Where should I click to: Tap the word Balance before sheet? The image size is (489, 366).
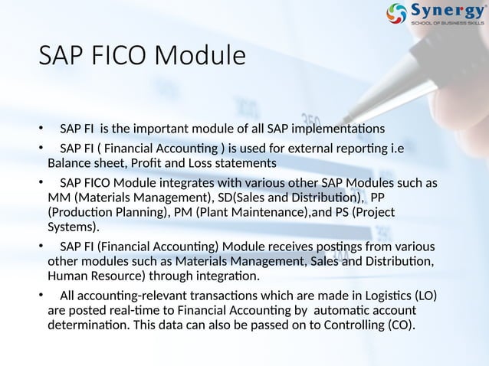[69, 163]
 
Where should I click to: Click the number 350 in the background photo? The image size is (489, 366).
[312, 120]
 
